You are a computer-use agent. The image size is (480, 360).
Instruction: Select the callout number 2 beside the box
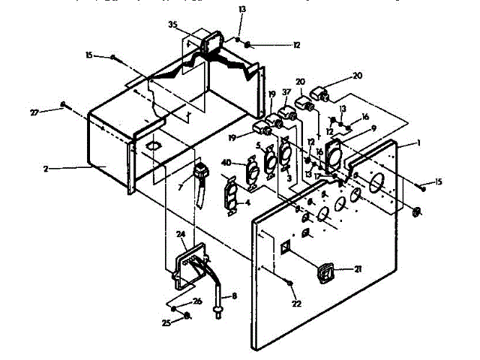click(46, 169)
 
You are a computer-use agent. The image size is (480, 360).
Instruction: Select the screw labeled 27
click(64, 104)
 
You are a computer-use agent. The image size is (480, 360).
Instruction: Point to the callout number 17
click(317, 177)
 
